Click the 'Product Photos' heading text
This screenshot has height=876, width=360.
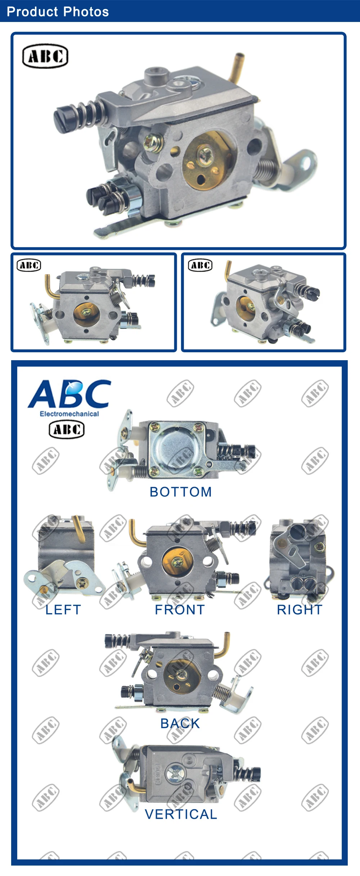point(58,12)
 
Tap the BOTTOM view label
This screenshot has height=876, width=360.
point(181,492)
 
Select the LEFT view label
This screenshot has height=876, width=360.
point(63,609)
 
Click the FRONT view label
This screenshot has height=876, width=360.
point(180,609)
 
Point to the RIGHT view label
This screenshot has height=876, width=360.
point(300,609)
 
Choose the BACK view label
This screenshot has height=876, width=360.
point(180,723)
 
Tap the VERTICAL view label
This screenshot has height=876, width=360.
point(181,814)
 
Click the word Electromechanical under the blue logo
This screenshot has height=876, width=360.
point(69,414)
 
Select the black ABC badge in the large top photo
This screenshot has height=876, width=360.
point(45,56)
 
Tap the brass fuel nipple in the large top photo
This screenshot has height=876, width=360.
point(237,67)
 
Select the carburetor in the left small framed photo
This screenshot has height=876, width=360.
point(94,304)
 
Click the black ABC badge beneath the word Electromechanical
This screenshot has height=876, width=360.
point(67,429)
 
